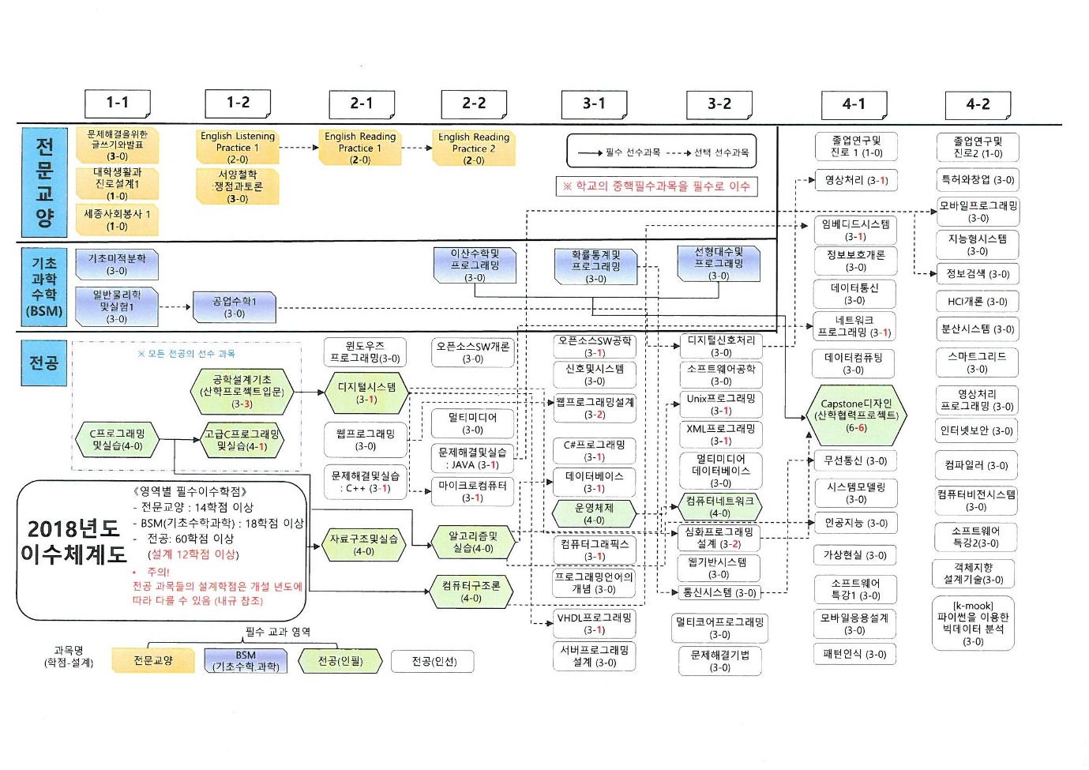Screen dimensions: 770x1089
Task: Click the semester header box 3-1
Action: [594, 103]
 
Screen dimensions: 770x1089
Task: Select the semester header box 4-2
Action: [978, 104]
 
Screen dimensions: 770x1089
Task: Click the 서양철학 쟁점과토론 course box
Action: [238, 186]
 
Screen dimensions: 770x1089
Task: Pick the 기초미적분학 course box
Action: [117, 265]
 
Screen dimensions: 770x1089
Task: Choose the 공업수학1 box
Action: [235, 307]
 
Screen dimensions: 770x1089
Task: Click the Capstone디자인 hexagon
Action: [856, 415]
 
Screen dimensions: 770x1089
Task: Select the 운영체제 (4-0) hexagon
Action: [594, 514]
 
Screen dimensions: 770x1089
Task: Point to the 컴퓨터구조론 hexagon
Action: [471, 592]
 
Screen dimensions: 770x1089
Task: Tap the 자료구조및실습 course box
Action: [364, 545]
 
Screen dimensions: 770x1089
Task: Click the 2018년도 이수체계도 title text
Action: [73, 541]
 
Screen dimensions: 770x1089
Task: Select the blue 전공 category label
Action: [43, 362]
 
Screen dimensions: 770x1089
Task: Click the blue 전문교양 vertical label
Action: [44, 182]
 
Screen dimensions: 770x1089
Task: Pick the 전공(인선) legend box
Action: [434, 661]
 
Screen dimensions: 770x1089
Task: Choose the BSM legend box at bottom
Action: [246, 661]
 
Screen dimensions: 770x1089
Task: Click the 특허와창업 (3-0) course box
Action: [978, 180]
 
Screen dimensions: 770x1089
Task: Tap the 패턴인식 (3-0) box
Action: [854, 654]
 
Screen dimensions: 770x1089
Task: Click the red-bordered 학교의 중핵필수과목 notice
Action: [656, 186]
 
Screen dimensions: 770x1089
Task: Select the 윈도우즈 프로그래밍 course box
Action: [365, 351]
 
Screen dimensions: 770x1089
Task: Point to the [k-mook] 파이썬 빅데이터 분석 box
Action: [973, 624]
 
